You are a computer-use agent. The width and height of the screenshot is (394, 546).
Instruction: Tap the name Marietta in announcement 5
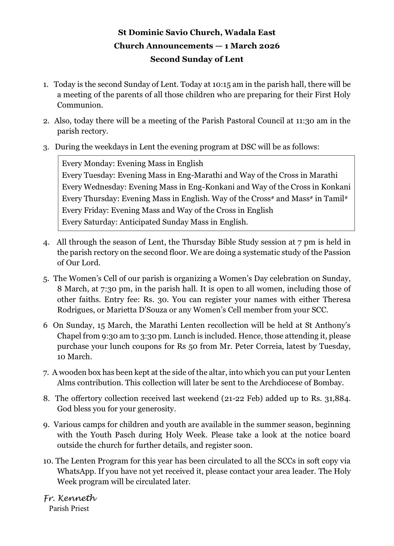coord(121,310)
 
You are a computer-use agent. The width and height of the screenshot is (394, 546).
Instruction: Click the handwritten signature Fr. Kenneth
coord(70,498)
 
